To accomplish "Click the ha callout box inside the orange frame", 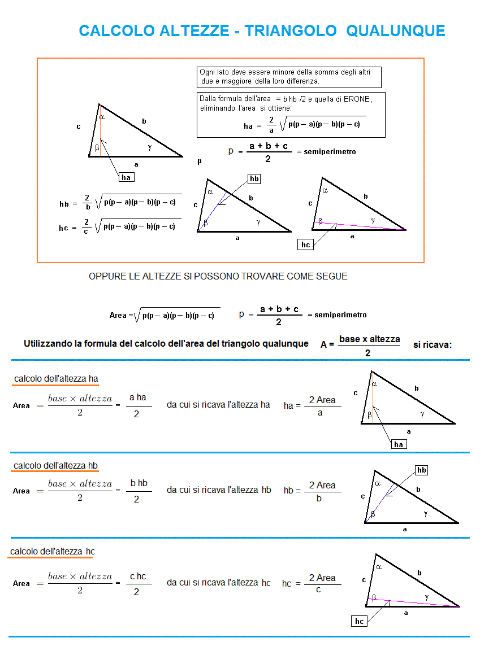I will (126, 177).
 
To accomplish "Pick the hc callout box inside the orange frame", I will (306, 244).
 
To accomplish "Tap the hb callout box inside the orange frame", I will (254, 178).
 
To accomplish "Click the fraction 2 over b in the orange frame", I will (87, 202).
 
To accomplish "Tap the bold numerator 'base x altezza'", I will (369, 339).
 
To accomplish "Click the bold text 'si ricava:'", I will (433, 344).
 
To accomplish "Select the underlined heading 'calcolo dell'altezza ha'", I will (57, 378).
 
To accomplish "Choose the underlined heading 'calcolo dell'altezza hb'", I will (56, 466).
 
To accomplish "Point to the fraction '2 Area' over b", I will (322, 491).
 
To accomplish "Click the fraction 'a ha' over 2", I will (137, 405).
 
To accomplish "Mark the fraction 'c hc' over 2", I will (137, 583).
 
